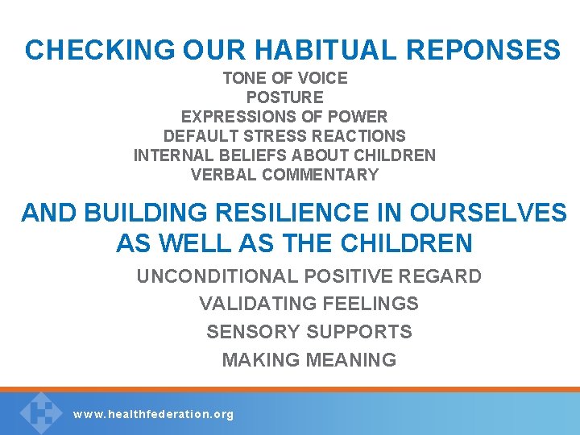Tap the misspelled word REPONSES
click(483, 50)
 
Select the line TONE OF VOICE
click(285, 78)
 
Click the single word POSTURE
click(284, 97)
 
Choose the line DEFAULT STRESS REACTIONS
click(284, 136)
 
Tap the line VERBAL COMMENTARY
click(284, 175)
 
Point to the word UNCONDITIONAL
click(217, 276)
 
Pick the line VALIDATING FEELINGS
click(309, 304)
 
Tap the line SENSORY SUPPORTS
click(309, 332)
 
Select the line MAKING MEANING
click(309, 360)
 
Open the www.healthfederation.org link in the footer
click(153, 415)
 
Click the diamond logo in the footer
click(40, 412)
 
